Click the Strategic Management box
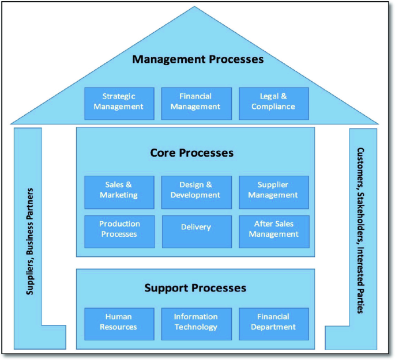click(x=119, y=102)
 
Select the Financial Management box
click(x=196, y=102)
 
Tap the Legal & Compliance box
click(x=273, y=102)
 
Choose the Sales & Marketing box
click(x=119, y=191)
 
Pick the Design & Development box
click(x=196, y=191)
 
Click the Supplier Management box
click(x=273, y=191)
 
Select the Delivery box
click(x=196, y=228)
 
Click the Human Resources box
click(x=119, y=323)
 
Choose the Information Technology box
click(x=196, y=323)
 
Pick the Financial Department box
click(x=273, y=323)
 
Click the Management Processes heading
click(x=198, y=59)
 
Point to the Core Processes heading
click(x=191, y=153)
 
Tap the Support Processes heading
click(x=195, y=288)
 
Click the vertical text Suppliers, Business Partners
click(x=31, y=241)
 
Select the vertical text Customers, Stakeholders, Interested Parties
click(x=361, y=230)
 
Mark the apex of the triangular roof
click(x=195, y=7)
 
